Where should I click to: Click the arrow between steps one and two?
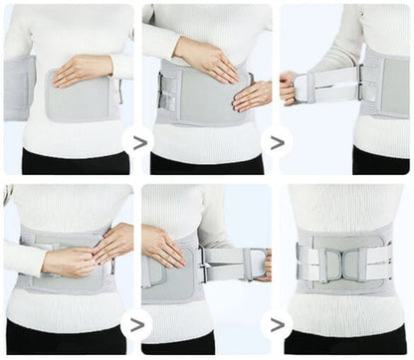click(137, 142)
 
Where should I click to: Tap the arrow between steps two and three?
click(276, 142)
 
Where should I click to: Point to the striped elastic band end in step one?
click(18, 87)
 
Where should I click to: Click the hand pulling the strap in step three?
click(290, 88)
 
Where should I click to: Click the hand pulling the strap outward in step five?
click(261, 265)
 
